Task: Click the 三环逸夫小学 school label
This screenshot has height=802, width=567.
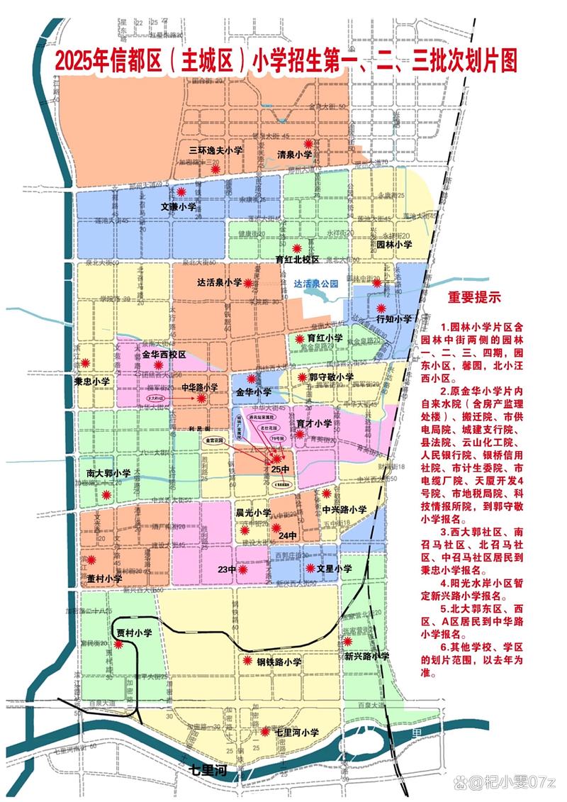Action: click(x=215, y=150)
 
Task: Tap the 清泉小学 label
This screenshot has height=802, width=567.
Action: click(x=294, y=154)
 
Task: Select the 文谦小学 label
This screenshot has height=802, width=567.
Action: click(x=179, y=206)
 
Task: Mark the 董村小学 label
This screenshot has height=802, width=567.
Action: click(x=105, y=579)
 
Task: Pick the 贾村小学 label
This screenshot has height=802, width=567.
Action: click(x=135, y=633)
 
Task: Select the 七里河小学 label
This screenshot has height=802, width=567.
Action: click(x=297, y=732)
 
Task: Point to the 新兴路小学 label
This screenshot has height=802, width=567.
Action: click(x=367, y=657)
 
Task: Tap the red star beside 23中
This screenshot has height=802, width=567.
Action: click(x=243, y=569)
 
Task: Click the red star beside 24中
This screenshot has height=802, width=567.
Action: click(x=275, y=528)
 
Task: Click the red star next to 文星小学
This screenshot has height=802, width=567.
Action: click(x=310, y=568)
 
